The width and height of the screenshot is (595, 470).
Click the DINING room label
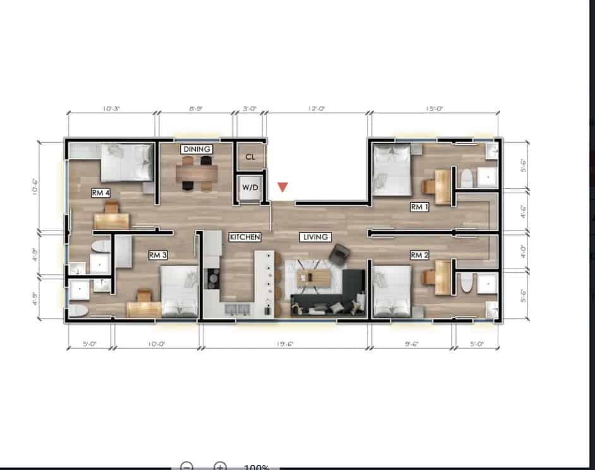click(196, 149)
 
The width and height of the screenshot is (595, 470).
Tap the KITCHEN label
click(244, 237)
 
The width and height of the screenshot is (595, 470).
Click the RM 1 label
click(419, 207)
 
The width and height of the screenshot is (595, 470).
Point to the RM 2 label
click(419, 255)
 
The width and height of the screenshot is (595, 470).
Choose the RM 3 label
click(158, 255)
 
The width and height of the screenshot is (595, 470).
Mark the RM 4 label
click(101, 193)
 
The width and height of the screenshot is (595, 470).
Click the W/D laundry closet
click(248, 188)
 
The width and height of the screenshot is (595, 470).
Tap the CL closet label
click(250, 156)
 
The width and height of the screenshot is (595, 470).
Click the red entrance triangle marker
click(283, 187)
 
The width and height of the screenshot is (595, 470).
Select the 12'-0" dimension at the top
click(316, 109)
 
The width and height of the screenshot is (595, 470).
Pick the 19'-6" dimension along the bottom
click(284, 345)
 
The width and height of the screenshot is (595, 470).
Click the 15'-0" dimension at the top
click(435, 109)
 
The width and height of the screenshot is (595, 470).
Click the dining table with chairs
click(196, 173)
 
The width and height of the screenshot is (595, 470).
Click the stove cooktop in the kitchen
click(212, 277)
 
